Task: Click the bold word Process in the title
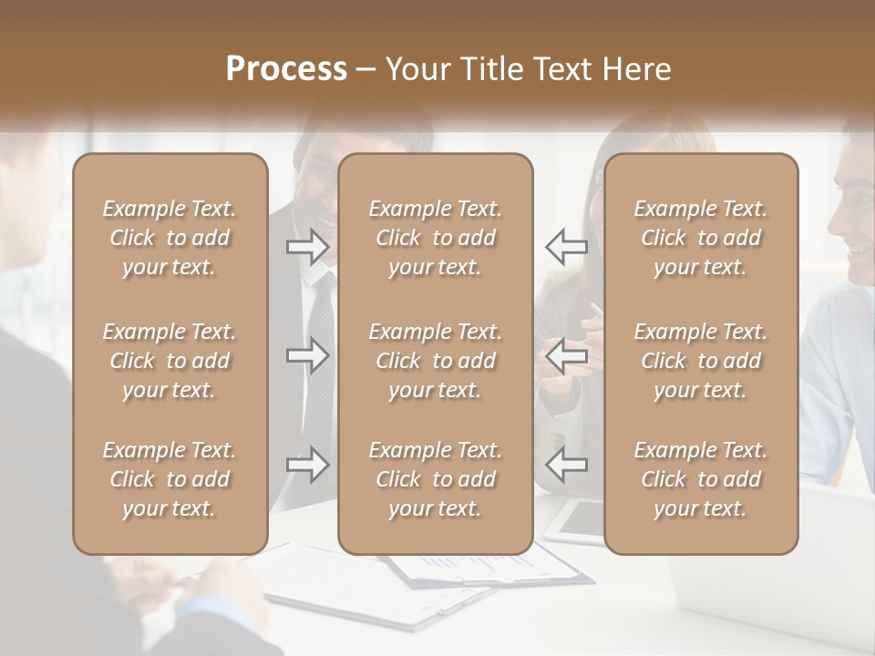tap(286, 69)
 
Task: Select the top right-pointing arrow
tap(307, 246)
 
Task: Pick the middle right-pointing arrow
tap(307, 355)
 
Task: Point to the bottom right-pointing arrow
tap(307, 465)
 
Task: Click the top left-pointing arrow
tap(566, 246)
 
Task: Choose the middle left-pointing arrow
tap(566, 355)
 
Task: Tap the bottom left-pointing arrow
tap(566, 465)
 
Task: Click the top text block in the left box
tap(170, 238)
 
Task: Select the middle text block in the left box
tap(170, 361)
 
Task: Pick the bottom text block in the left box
tap(170, 479)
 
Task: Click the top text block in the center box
tap(435, 238)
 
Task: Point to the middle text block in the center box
tap(435, 361)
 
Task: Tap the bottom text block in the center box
tap(435, 479)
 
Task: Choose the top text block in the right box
tap(700, 238)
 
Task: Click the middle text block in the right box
tap(700, 361)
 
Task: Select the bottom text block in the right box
tap(700, 479)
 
